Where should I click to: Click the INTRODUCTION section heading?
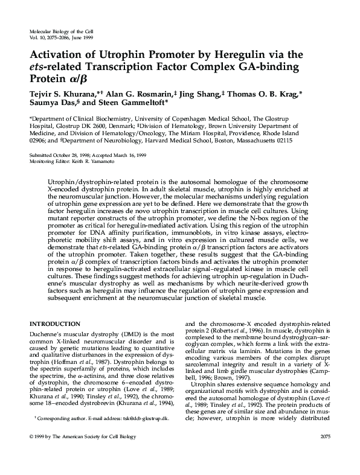point(55,324)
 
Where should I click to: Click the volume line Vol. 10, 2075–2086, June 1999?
point(60,36)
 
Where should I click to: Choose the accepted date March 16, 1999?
point(129,155)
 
